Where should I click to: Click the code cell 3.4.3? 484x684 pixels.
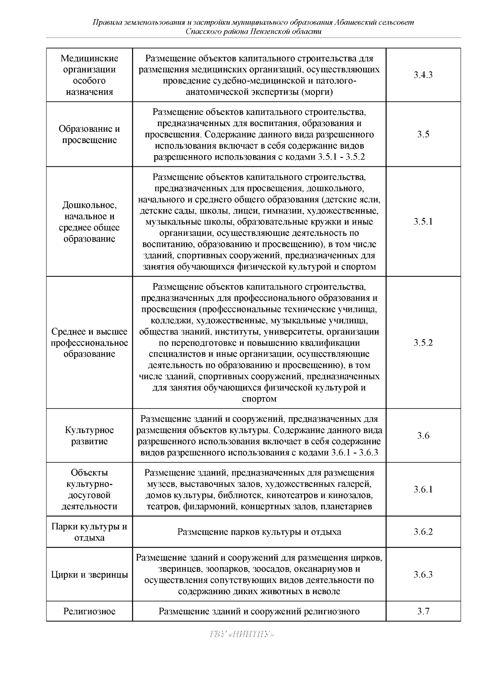coord(423,75)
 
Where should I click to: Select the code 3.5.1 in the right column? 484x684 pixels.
coord(423,222)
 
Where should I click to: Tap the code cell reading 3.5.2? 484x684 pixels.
coord(423,343)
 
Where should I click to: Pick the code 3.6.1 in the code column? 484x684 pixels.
coord(423,489)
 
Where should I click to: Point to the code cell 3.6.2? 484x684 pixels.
coord(423,532)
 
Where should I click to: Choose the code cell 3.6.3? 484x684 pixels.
coord(423,574)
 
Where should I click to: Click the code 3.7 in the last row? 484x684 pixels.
coord(423,611)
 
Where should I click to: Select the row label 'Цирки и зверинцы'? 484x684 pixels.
coord(90,574)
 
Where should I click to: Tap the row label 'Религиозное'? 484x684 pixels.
coord(90,611)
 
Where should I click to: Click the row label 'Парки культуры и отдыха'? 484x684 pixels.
coord(90,532)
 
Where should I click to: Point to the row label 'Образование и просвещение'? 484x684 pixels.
coord(90,135)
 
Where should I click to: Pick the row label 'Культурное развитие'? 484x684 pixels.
coord(90,435)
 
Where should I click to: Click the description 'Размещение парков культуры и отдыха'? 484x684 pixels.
coord(259,532)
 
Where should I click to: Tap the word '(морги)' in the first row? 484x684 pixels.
coord(317,92)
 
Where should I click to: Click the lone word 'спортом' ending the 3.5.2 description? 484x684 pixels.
coord(259,399)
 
